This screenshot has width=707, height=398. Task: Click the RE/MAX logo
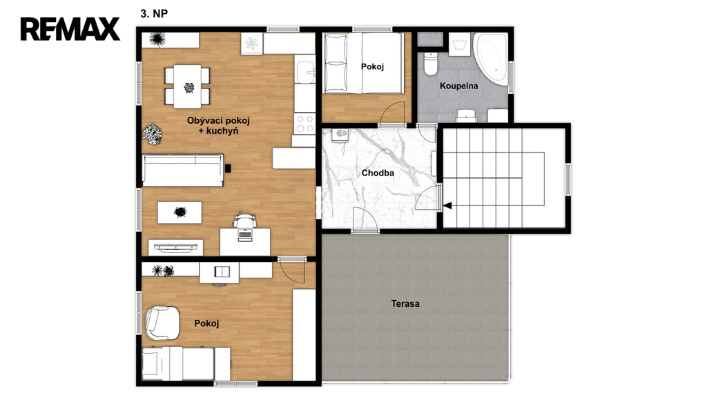click(x=70, y=29)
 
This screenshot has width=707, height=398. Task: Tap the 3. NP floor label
click(x=154, y=14)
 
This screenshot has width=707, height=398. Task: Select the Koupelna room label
click(x=458, y=86)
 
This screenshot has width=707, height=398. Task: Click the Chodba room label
click(x=378, y=173)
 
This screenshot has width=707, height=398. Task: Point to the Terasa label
click(x=405, y=304)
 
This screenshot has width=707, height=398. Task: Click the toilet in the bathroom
click(x=431, y=64)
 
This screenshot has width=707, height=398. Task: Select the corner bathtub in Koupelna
click(x=491, y=59)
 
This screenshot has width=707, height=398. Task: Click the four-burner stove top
click(x=304, y=123)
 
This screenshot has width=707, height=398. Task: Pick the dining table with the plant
click(x=188, y=86)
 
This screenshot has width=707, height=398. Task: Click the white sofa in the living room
click(x=182, y=170)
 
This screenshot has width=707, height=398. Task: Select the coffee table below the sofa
click(x=180, y=212)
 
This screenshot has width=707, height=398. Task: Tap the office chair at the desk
click(x=245, y=220)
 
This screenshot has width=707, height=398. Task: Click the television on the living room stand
click(x=176, y=247)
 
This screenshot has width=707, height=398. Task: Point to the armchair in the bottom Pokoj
click(x=162, y=323)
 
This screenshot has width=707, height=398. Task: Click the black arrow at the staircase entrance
click(x=447, y=206)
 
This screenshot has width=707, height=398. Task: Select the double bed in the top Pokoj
click(x=363, y=63)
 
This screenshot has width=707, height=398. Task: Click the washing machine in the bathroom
click(x=459, y=44)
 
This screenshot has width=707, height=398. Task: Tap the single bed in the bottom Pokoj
click(x=186, y=363)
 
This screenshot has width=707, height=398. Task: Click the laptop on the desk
click(x=245, y=235)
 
